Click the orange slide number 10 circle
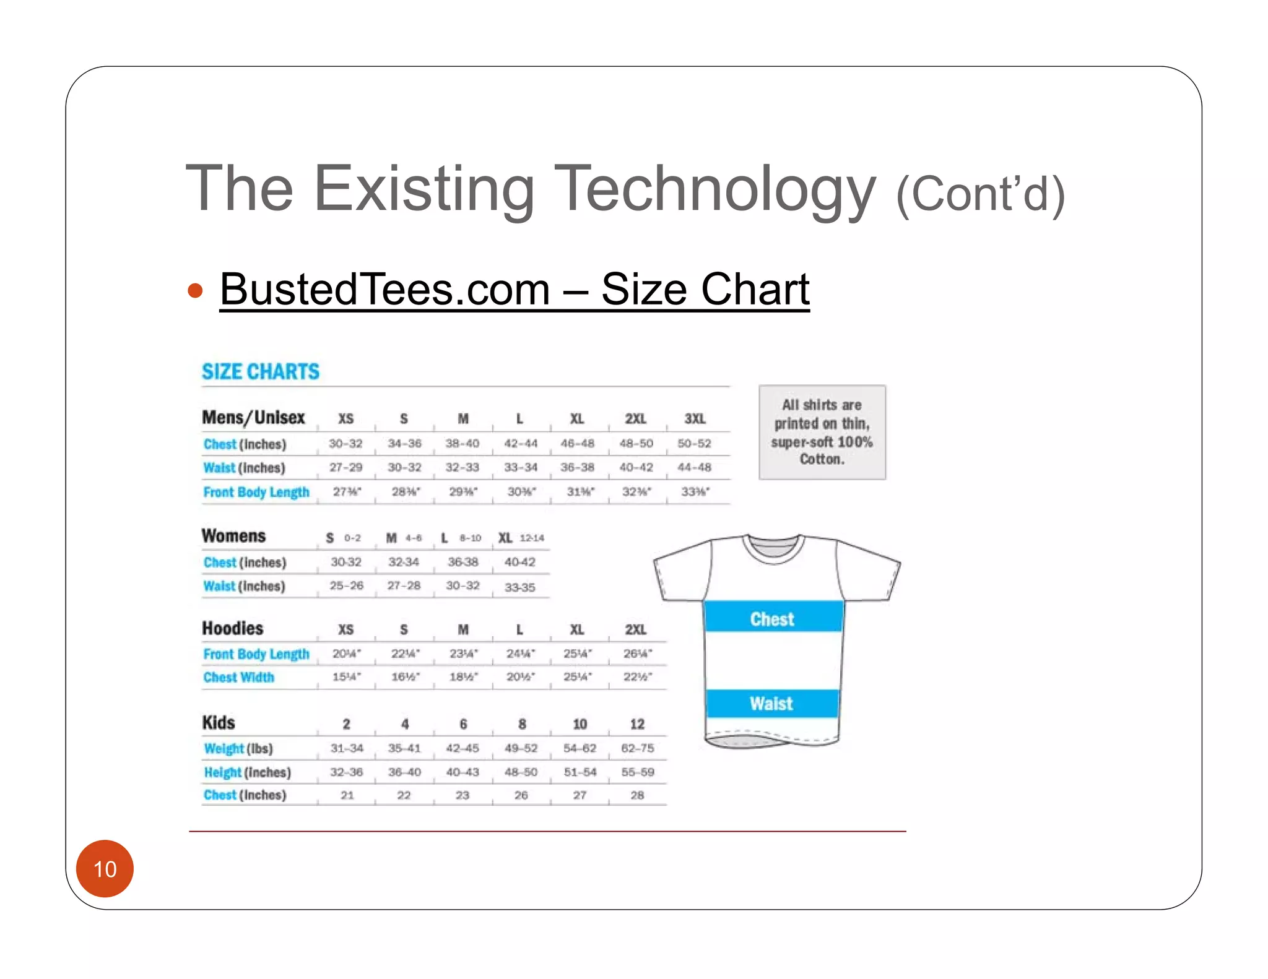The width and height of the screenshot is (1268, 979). pyautogui.click(x=105, y=868)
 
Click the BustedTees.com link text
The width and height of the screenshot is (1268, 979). pyautogui.click(x=384, y=289)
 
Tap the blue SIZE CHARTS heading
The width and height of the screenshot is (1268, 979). pyautogui.click(x=261, y=371)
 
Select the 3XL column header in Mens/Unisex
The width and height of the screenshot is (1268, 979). pyautogui.click(x=695, y=419)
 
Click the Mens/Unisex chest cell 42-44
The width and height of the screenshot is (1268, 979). pyautogui.click(x=520, y=444)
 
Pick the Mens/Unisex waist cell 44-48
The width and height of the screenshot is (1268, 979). pyautogui.click(x=694, y=467)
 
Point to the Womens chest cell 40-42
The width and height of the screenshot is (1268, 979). pyautogui.click(x=519, y=562)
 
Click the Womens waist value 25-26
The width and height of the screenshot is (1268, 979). pyautogui.click(x=346, y=585)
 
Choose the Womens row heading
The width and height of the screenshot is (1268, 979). pyautogui.click(x=233, y=536)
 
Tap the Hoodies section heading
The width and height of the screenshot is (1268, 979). pyautogui.click(x=232, y=629)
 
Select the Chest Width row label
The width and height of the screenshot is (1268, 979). pyautogui.click(x=238, y=677)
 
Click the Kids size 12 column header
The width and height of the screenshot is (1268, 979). pyautogui.click(x=637, y=724)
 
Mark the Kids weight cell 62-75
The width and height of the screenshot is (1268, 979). pyautogui.click(x=637, y=748)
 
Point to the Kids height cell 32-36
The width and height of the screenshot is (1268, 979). pyautogui.click(x=346, y=772)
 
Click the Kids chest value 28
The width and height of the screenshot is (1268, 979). pyautogui.click(x=637, y=795)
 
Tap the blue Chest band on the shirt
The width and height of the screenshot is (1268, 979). pyautogui.click(x=773, y=618)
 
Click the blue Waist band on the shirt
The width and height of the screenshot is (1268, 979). pyautogui.click(x=771, y=704)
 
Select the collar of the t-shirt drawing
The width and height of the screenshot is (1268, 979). pyautogui.click(x=773, y=546)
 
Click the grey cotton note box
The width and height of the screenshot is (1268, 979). pyautogui.click(x=822, y=432)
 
